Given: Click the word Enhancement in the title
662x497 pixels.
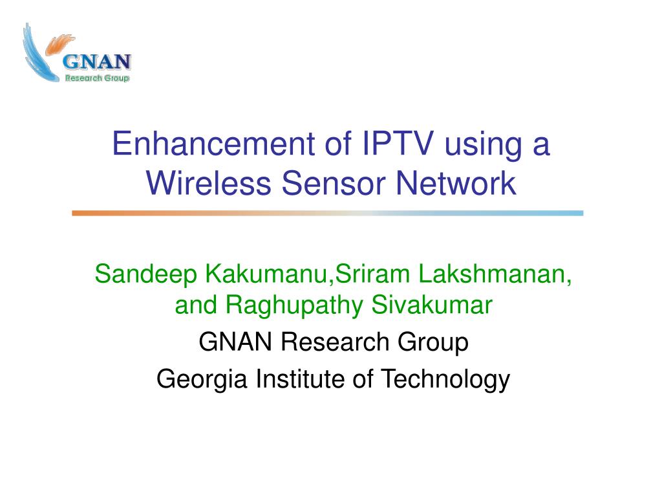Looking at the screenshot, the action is [x=213, y=143].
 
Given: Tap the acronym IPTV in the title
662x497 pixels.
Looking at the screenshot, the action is [x=398, y=143].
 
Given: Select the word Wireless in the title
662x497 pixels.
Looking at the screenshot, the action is [x=209, y=183].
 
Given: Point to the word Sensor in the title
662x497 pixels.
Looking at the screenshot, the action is [x=334, y=183].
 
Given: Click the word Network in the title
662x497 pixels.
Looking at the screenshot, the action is [x=456, y=183].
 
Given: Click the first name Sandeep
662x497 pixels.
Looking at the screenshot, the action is [x=145, y=274].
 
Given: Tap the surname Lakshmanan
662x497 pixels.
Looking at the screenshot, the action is [x=495, y=274].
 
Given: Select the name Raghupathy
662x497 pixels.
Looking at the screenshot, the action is [x=294, y=305].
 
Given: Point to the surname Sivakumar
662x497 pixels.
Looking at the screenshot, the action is [x=432, y=305].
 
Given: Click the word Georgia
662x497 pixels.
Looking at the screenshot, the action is [x=202, y=379].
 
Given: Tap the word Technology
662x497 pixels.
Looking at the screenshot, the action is [x=445, y=379].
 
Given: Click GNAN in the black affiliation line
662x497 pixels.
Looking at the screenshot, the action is [x=235, y=342].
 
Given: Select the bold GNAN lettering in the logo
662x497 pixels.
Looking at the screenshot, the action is [x=97, y=62].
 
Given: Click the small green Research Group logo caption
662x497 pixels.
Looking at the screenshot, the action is [x=97, y=78].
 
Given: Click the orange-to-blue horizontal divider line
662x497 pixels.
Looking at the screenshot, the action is [x=328, y=214].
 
